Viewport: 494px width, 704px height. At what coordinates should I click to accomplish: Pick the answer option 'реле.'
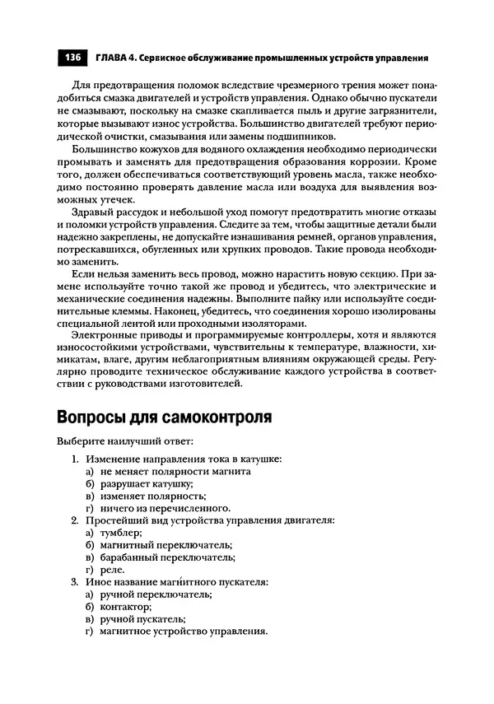click(x=112, y=569)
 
